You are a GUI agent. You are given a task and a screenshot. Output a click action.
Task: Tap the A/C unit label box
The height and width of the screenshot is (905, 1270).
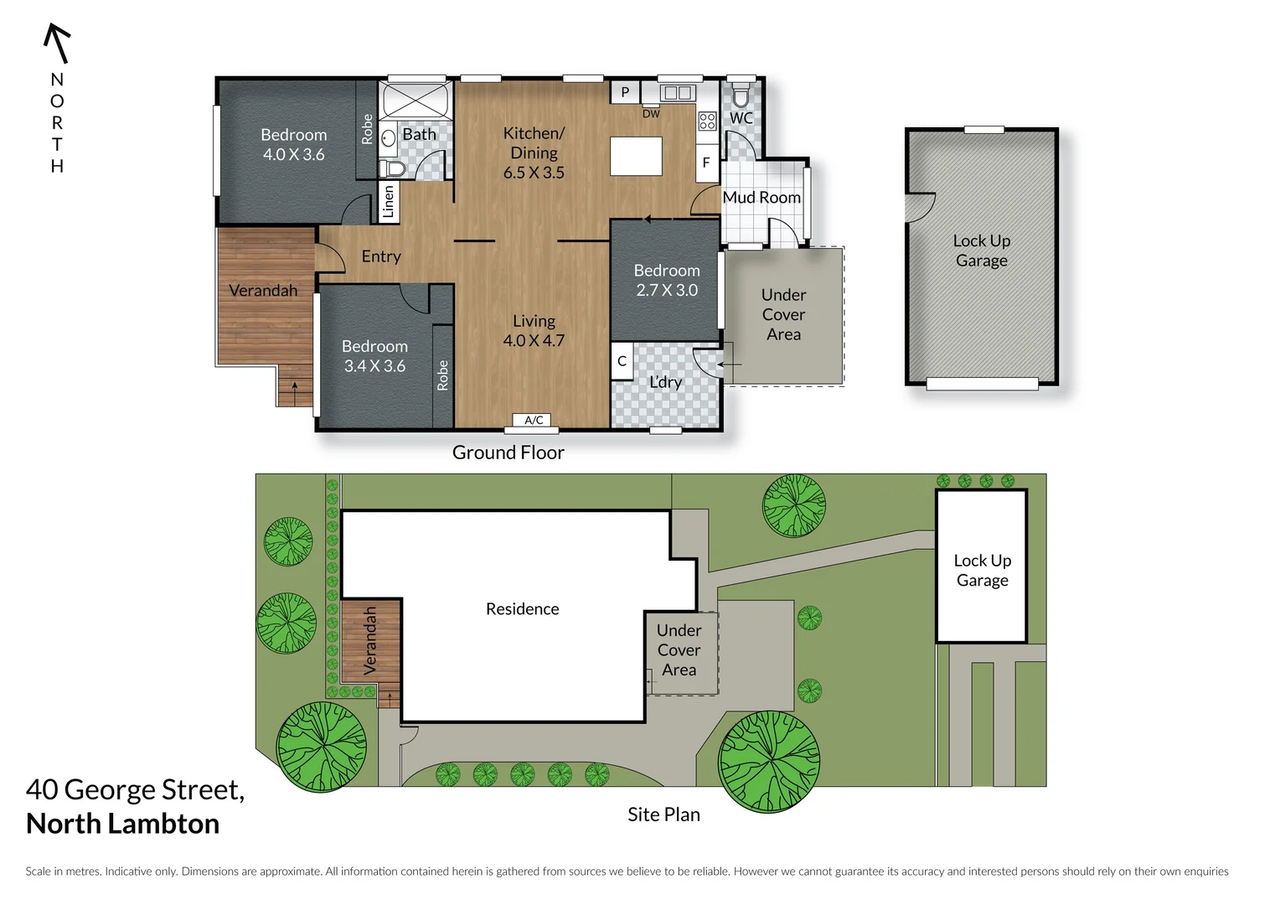click(534, 421)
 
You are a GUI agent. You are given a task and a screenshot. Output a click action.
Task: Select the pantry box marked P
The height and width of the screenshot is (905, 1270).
click(625, 92)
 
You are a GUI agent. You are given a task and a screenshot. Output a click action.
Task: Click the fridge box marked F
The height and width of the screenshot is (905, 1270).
click(706, 163)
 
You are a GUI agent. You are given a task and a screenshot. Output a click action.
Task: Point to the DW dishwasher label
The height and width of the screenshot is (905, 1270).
click(651, 114)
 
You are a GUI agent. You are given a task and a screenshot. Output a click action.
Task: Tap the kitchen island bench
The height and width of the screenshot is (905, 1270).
click(636, 156)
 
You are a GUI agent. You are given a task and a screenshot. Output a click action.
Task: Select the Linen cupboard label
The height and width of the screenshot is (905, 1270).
click(389, 202)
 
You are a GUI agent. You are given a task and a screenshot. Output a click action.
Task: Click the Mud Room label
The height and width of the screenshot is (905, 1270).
click(761, 198)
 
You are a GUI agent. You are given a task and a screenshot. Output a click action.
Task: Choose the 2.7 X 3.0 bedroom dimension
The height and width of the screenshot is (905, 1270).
click(667, 290)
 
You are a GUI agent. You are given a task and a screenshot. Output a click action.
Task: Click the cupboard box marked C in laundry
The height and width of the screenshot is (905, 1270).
click(622, 361)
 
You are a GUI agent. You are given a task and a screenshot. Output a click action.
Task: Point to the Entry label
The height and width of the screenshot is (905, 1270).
click(381, 256)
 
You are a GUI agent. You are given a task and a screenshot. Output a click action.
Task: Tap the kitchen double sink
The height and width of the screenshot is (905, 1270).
click(676, 92)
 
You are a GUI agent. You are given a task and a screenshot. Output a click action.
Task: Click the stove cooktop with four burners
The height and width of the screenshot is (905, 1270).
click(707, 122)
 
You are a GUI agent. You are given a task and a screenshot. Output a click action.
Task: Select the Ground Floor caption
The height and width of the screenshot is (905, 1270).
click(508, 452)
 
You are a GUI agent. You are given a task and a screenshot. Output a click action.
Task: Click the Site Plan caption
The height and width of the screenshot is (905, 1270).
click(663, 814)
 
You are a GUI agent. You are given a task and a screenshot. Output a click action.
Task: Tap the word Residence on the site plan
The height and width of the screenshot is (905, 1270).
click(522, 609)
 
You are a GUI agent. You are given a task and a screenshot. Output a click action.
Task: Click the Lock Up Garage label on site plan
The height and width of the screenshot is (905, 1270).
click(982, 571)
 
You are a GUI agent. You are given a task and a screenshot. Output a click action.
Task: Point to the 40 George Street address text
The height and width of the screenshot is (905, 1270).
click(135, 789)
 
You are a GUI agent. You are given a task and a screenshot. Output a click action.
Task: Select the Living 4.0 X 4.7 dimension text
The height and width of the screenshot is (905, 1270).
click(534, 340)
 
